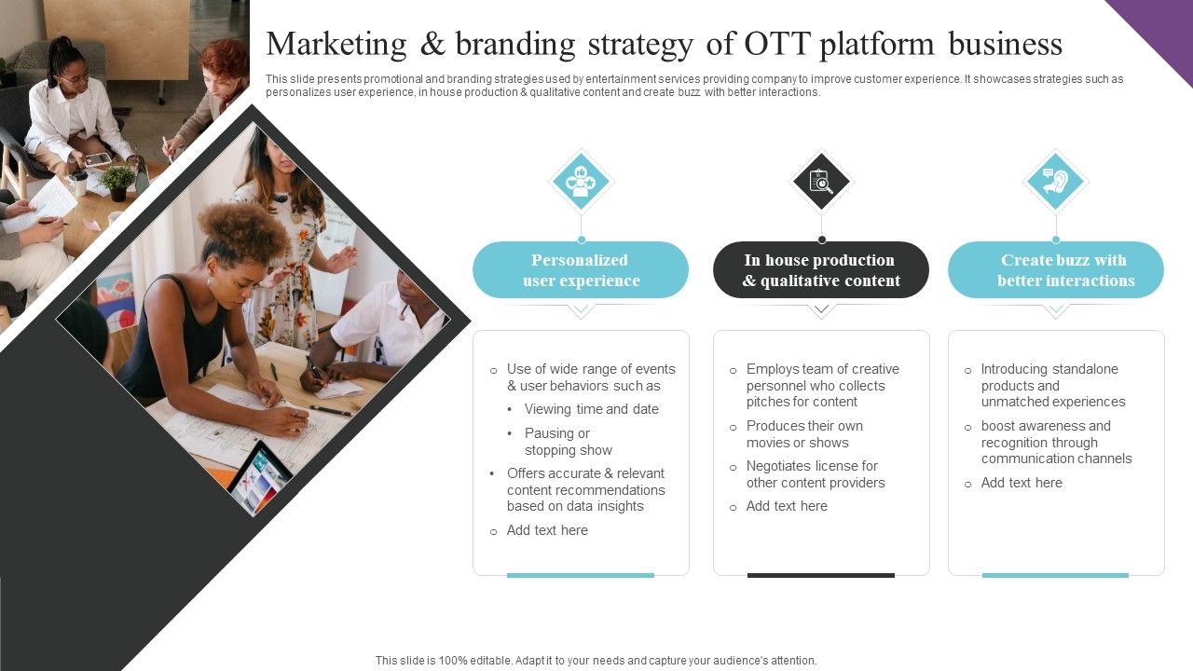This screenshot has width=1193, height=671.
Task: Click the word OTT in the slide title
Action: tap(775, 44)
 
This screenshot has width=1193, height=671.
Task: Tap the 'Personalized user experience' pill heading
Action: tap(581, 270)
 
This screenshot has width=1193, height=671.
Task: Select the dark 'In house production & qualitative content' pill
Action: tap(821, 270)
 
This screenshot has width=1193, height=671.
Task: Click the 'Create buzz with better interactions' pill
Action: tap(1056, 270)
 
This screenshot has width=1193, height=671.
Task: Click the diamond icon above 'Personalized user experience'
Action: tap(581, 181)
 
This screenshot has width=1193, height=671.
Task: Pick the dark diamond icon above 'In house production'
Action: tap(821, 181)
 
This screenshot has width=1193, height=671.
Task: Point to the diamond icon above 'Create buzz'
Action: tap(1055, 181)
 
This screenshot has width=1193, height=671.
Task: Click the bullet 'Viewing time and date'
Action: tap(591, 409)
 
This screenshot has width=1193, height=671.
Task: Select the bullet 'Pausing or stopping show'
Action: tap(568, 442)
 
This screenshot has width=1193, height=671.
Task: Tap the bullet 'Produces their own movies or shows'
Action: tap(804, 434)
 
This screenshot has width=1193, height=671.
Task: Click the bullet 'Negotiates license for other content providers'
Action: tap(815, 474)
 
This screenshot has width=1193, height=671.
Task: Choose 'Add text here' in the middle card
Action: tap(787, 506)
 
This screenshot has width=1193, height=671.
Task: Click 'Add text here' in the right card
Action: tap(1022, 483)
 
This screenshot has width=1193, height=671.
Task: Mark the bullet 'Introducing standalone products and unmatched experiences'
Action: tap(1052, 386)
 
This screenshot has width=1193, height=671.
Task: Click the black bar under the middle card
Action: tap(821, 575)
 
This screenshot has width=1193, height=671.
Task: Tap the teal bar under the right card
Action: tap(1055, 575)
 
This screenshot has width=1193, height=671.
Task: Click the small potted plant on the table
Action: tap(118, 182)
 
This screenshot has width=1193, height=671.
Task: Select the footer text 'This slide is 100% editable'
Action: tap(596, 660)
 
